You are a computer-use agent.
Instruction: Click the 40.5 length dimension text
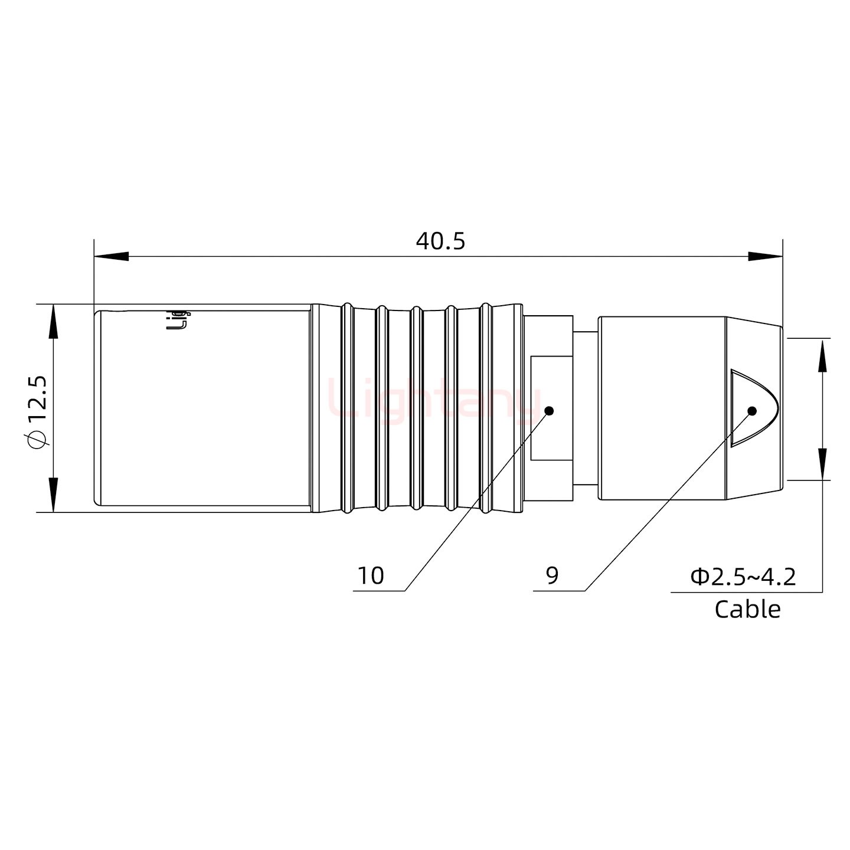[440, 241]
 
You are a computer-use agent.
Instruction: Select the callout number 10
[371, 576]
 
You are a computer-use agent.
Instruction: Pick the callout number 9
[552, 575]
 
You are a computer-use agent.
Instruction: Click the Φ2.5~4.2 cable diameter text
[743, 576]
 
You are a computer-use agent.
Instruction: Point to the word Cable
[747, 609]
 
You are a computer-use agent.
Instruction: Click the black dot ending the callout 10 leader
[549, 411]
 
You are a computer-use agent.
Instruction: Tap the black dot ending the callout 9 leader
[752, 411]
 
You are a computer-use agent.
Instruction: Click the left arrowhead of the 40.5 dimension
[112, 256]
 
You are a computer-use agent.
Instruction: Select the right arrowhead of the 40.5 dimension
[765, 256]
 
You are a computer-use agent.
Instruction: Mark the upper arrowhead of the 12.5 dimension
[53, 322]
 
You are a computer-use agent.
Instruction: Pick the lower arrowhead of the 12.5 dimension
[53, 495]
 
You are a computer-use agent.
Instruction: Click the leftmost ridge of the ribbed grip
[347, 407]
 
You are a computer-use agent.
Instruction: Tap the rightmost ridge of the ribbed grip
[485, 407]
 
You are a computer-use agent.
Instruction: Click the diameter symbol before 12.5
[37, 440]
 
